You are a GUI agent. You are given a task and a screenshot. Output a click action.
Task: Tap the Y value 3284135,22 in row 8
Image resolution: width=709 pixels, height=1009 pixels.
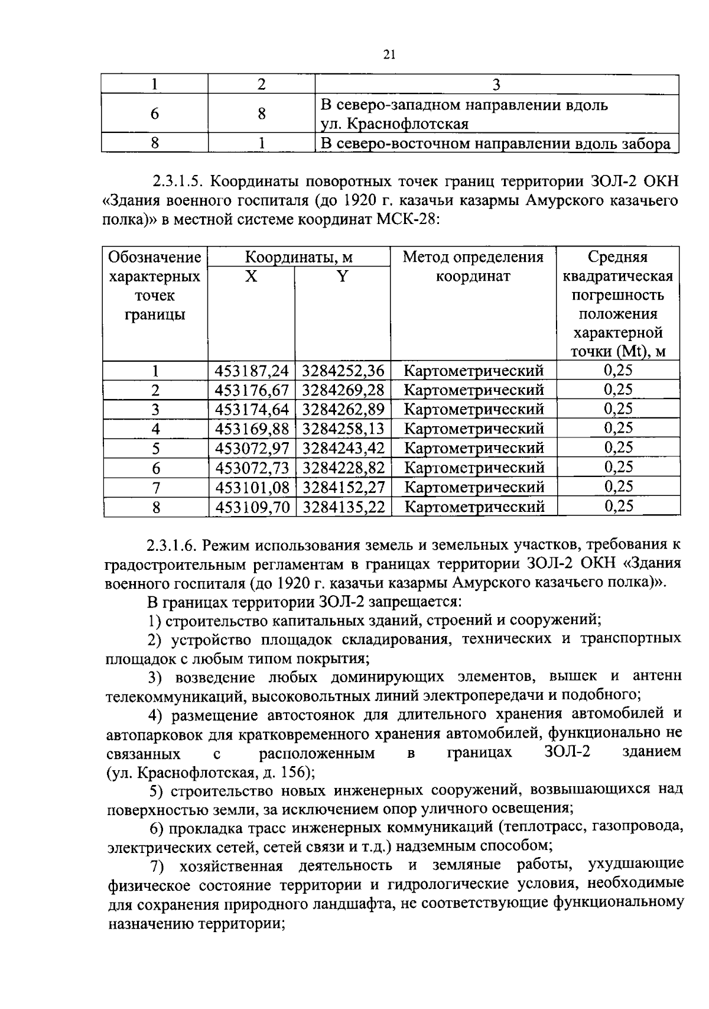click(x=344, y=507)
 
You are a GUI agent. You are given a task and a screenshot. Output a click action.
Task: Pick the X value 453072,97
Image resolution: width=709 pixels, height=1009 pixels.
click(x=252, y=449)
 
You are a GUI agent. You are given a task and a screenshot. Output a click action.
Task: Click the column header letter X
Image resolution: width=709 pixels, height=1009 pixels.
click(x=251, y=276)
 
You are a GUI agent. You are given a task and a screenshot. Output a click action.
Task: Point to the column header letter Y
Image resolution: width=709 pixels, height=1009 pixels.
click(x=343, y=276)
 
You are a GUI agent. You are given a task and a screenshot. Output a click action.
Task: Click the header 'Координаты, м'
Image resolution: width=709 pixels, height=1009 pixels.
click(x=299, y=257)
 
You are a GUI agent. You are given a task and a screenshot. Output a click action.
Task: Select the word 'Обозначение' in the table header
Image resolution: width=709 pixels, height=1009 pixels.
click(x=155, y=257)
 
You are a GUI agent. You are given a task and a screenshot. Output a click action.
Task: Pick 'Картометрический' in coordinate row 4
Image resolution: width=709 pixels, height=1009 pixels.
click(x=473, y=429)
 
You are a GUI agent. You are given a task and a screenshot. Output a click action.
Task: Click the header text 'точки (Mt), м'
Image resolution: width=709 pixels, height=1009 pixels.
click(x=617, y=352)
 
